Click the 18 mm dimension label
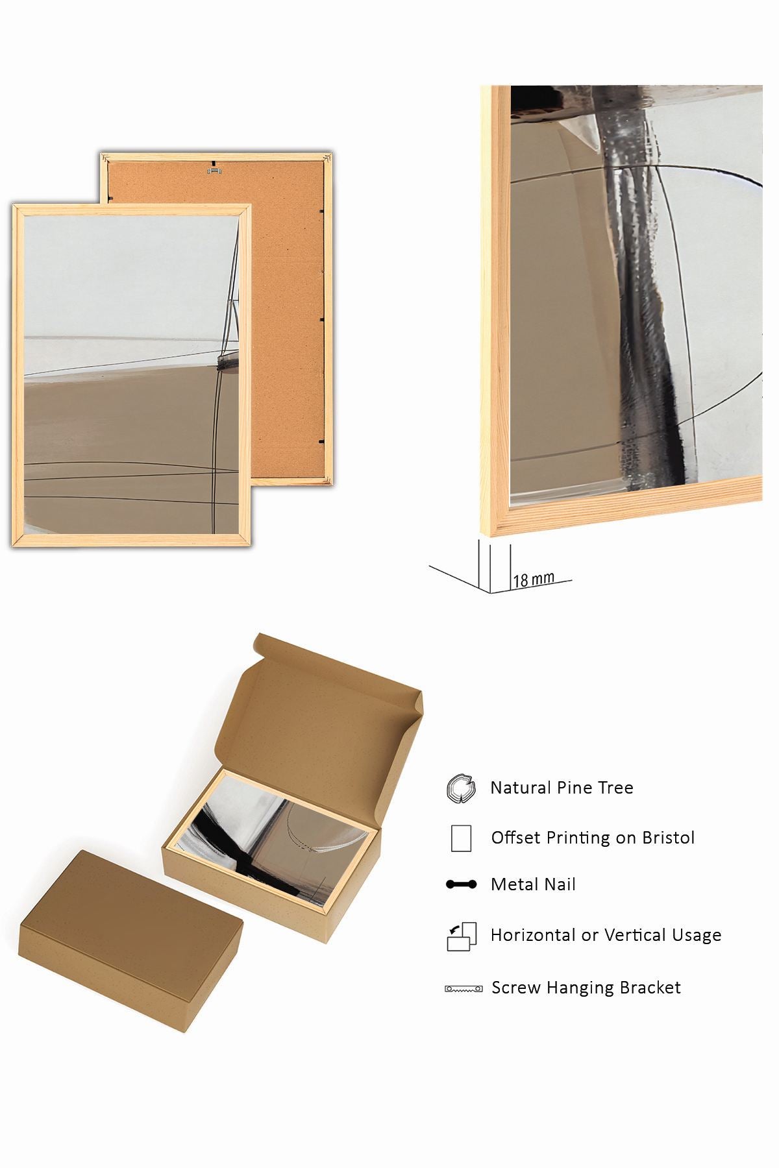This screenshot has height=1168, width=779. pyautogui.click(x=533, y=579)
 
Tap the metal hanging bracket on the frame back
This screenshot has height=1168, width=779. pyautogui.click(x=214, y=171)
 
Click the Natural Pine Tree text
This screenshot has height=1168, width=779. pyautogui.click(x=562, y=788)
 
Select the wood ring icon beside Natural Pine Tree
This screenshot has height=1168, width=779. pyautogui.click(x=461, y=788)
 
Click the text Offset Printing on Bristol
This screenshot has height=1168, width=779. pyautogui.click(x=593, y=838)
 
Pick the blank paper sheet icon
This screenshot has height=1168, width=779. pyautogui.click(x=461, y=838)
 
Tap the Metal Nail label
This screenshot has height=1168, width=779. pyautogui.click(x=533, y=884)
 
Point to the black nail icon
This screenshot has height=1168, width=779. pyautogui.click(x=462, y=884)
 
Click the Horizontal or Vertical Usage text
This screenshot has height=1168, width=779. pyautogui.click(x=606, y=935)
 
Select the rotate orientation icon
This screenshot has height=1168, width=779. pyautogui.click(x=462, y=936)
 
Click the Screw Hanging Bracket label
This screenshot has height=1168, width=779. pyautogui.click(x=586, y=988)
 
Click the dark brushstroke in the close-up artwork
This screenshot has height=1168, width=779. pyautogui.click(x=639, y=292)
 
